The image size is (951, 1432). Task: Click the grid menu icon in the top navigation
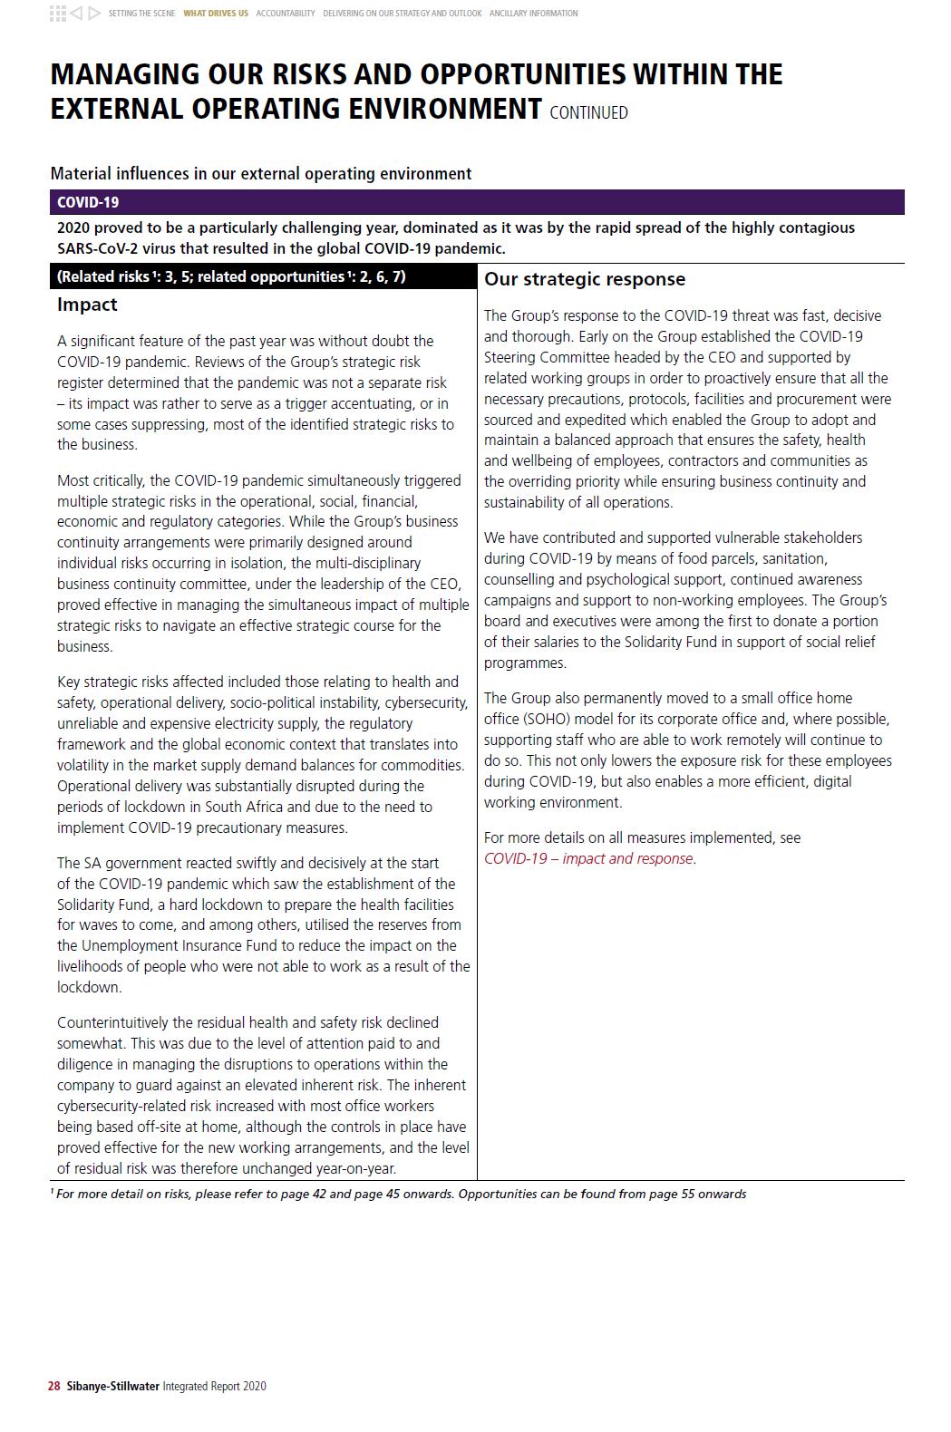[57, 13]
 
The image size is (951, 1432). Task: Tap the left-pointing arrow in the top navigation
[77, 13]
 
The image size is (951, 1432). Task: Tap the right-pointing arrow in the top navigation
[94, 13]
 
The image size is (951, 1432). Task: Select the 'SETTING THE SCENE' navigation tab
[141, 14]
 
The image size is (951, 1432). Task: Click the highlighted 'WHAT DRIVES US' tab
[216, 14]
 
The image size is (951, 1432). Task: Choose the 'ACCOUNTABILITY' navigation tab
[286, 14]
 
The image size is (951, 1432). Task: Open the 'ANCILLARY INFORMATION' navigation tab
[533, 14]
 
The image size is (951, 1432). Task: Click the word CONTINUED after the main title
[588, 113]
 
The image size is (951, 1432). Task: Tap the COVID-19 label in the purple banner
[88, 202]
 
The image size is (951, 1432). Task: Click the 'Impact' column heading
[87, 305]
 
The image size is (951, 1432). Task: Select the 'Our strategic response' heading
[585, 279]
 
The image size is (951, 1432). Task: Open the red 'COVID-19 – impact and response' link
[589, 858]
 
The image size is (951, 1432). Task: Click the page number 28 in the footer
[54, 1386]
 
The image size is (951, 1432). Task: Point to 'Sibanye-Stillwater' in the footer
[112, 1386]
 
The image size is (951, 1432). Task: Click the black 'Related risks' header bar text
[231, 276]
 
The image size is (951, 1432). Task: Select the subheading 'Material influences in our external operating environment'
[261, 173]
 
